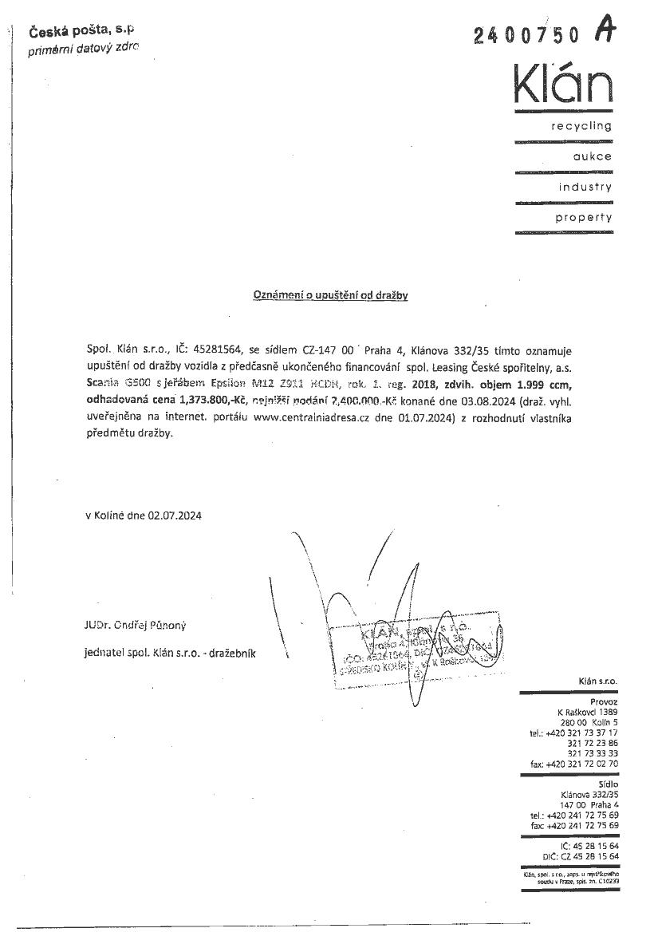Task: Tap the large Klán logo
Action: coord(563,84)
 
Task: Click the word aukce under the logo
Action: coord(592,156)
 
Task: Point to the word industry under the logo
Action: coord(585,187)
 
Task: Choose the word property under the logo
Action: coord(584,217)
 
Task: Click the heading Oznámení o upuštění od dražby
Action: coord(330,295)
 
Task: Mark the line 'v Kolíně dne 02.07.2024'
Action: coord(144,515)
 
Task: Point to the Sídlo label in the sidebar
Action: coord(606,784)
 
